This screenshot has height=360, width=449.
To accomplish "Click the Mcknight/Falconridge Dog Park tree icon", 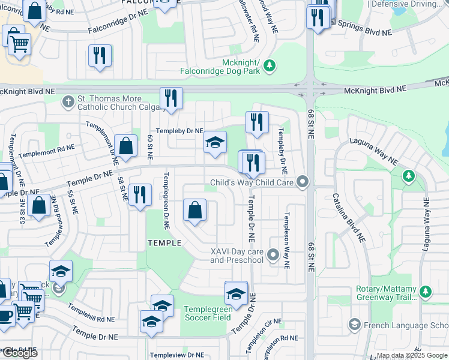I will click(270, 64).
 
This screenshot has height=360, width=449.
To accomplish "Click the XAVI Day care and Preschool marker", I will click(273, 256).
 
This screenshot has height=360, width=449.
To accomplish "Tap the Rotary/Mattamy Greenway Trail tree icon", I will click(426, 292).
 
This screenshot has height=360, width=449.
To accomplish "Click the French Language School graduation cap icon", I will click(354, 325).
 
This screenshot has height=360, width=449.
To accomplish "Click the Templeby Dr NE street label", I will click(179, 131).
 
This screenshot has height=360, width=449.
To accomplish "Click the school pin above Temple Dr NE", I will click(215, 143).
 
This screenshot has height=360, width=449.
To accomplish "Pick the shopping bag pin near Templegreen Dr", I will click(195, 211).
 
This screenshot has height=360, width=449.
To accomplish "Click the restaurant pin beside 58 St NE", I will click(140, 195).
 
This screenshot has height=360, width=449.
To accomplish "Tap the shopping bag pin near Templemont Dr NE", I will click(125, 146).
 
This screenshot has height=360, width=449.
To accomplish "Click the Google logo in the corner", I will click(20, 353).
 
